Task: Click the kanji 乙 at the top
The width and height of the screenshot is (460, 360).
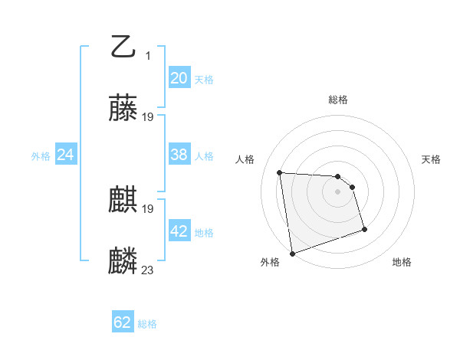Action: [x=123, y=48]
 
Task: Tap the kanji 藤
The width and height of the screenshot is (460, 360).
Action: [x=123, y=110]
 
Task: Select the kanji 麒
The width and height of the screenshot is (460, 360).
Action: [x=123, y=201]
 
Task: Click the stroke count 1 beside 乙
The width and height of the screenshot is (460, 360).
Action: [x=148, y=55]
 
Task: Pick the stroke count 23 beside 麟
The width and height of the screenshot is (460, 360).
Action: [x=148, y=270]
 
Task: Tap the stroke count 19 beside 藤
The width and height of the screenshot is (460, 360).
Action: [x=148, y=117]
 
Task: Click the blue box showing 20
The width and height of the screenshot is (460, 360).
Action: [x=179, y=77]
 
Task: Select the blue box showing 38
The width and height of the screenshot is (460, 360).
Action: [x=179, y=155]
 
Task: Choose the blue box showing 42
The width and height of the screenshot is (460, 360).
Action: [x=179, y=231]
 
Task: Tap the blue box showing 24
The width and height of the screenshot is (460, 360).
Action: [x=65, y=155]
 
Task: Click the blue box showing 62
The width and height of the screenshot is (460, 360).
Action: [x=123, y=322]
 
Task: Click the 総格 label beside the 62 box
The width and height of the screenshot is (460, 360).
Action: [x=147, y=324]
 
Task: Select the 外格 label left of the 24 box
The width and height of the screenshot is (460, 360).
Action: [x=41, y=156]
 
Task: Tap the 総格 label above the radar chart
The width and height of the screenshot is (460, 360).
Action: [x=338, y=100]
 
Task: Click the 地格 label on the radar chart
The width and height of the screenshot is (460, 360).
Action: [x=402, y=263]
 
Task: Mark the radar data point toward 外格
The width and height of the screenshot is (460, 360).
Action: [x=292, y=253]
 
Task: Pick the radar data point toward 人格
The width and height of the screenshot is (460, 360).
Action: [x=280, y=172]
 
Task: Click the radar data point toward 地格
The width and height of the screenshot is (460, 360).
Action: [x=364, y=229]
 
